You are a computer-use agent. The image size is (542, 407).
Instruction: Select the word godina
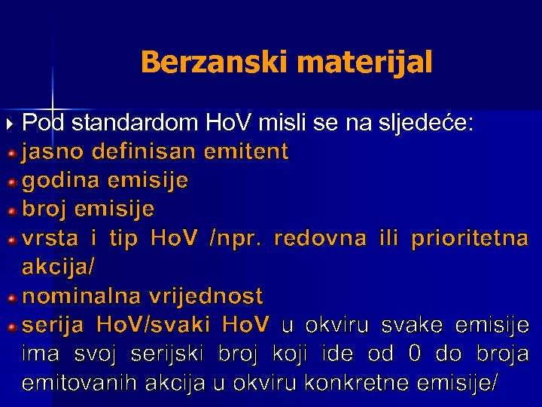(63, 181)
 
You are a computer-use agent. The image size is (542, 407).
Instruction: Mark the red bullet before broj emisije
(12, 211)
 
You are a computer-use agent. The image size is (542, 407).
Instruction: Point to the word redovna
(321, 239)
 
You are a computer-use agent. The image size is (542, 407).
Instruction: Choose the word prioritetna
(470, 239)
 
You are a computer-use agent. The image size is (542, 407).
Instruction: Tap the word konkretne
(360, 382)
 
